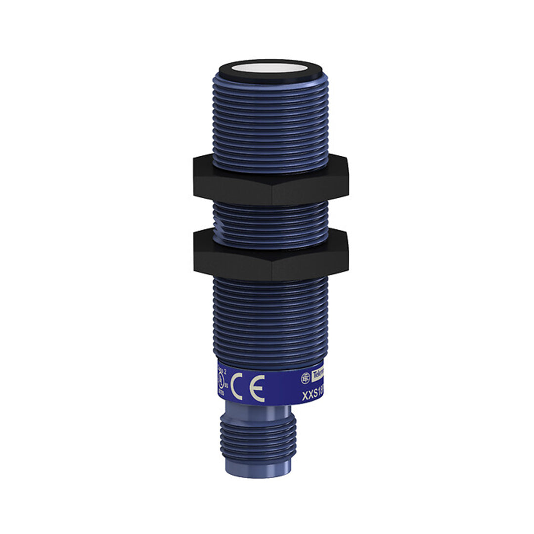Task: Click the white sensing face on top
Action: click(x=270, y=68)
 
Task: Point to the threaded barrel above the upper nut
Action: click(x=270, y=124)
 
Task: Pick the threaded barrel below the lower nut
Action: click(x=270, y=321)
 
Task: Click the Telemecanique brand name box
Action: click(x=319, y=376)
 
